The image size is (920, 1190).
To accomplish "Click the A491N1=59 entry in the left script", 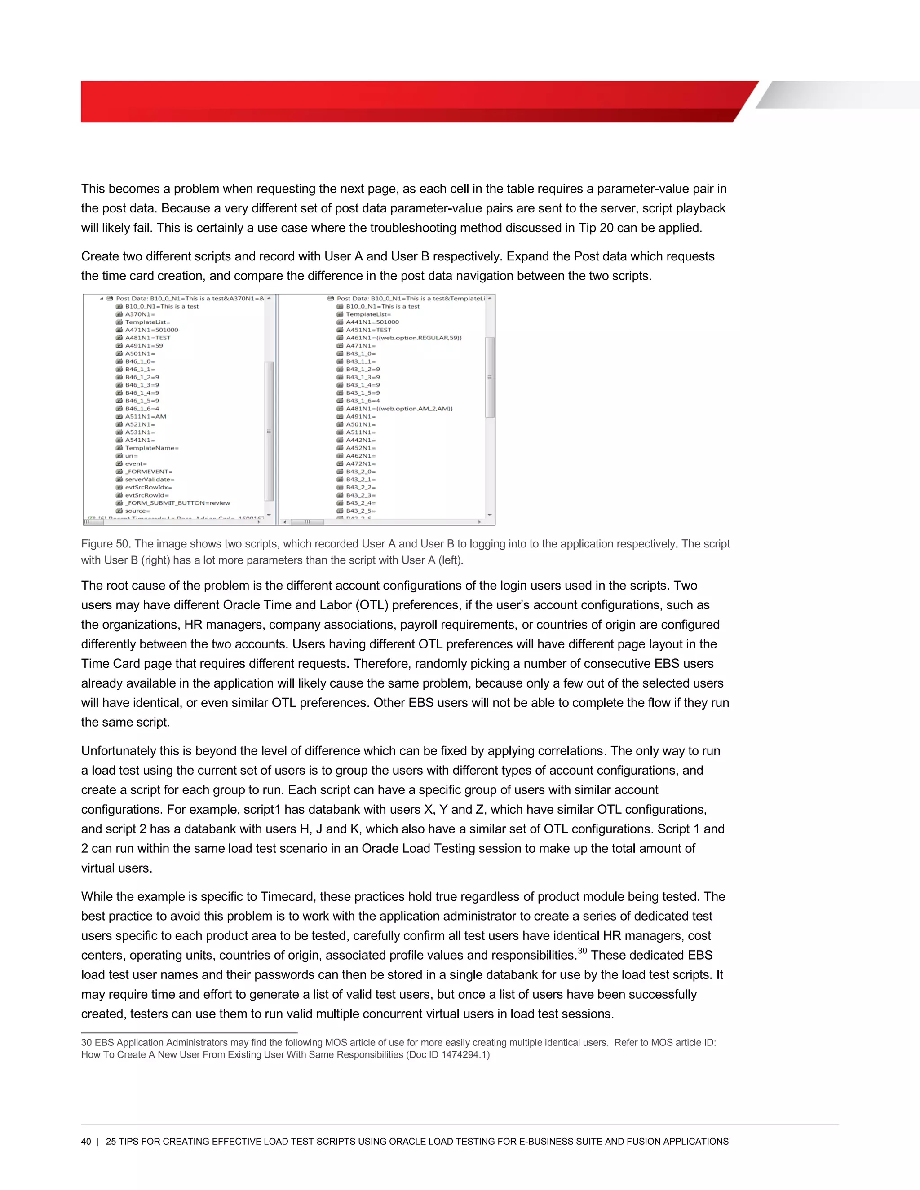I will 144,345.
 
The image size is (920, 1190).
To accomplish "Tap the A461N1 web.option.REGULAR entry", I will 403,338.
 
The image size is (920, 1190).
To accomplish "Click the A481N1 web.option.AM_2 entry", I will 399,409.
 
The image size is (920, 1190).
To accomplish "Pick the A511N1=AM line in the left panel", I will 146,416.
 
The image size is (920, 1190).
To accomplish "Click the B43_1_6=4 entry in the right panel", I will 363,401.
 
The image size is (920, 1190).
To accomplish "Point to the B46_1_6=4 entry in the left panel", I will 142,409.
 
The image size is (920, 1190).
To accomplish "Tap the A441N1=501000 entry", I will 372,322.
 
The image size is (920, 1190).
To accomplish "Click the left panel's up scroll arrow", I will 269,299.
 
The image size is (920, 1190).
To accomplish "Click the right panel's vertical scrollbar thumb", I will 490,377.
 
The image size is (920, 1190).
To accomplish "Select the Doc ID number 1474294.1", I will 464,1055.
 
